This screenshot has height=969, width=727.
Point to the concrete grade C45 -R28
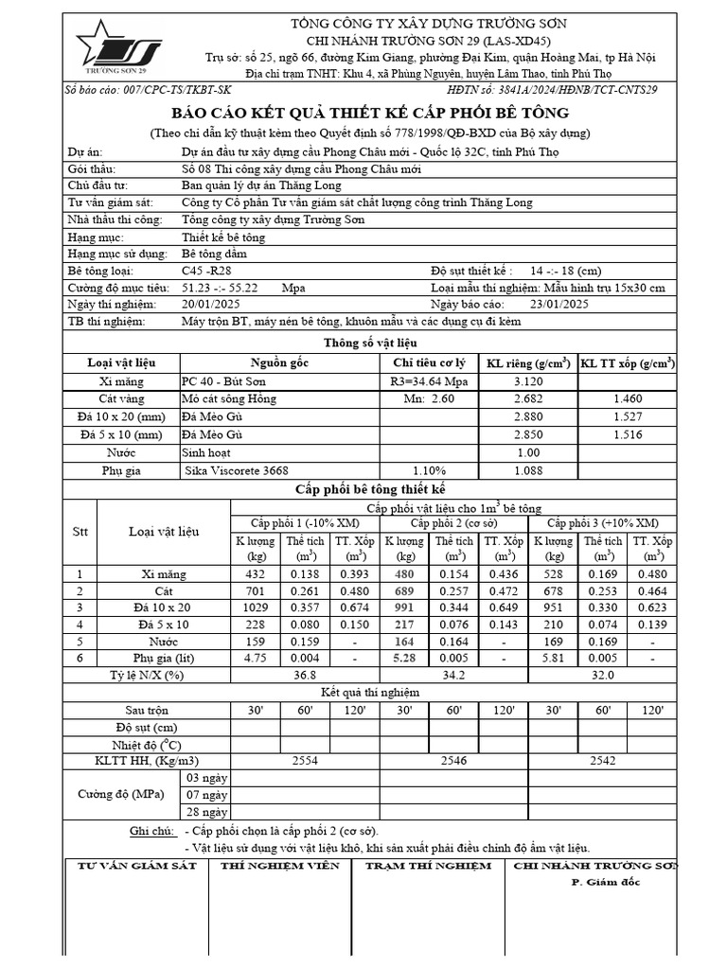(x=204, y=271)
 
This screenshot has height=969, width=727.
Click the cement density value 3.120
(x=527, y=381)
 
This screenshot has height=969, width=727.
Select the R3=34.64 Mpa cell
(x=429, y=381)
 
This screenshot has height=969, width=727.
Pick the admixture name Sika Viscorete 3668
(x=237, y=470)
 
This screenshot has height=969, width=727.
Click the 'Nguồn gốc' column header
(x=279, y=363)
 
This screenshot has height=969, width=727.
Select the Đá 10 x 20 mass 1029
(x=256, y=608)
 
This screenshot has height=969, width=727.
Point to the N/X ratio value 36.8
(x=305, y=676)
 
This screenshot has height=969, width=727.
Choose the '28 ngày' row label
(x=206, y=812)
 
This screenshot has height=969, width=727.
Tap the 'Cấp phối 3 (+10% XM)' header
(x=602, y=523)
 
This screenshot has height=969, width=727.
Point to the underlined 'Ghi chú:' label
(x=152, y=830)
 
